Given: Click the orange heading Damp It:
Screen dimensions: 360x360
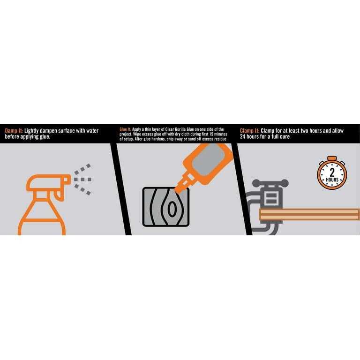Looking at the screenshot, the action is click(x=14, y=131).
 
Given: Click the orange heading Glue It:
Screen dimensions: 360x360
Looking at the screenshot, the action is click(x=125, y=129).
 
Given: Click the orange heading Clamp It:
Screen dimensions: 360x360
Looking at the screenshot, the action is click(x=249, y=131).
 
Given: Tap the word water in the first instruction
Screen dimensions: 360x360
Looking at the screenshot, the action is click(x=92, y=131).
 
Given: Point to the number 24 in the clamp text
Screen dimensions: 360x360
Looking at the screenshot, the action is click(x=243, y=136).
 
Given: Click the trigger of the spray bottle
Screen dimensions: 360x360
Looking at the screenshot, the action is click(x=59, y=195).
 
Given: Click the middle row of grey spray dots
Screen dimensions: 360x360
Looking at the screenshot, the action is click(x=82, y=180).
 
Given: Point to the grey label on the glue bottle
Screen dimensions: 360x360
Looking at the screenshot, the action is click(x=208, y=161).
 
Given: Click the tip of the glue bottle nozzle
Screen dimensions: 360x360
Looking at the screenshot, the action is click(x=177, y=191).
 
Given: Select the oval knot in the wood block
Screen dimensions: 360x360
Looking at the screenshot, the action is click(x=172, y=209).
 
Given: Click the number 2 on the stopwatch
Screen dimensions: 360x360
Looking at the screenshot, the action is click(x=332, y=172).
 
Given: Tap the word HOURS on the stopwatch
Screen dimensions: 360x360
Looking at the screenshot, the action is click(x=332, y=180).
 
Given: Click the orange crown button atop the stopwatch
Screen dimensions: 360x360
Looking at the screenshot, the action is click(x=332, y=158).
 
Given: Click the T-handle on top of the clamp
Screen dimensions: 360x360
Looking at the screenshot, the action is click(x=270, y=183).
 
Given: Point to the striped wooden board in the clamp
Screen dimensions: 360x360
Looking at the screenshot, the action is click(x=309, y=214).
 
